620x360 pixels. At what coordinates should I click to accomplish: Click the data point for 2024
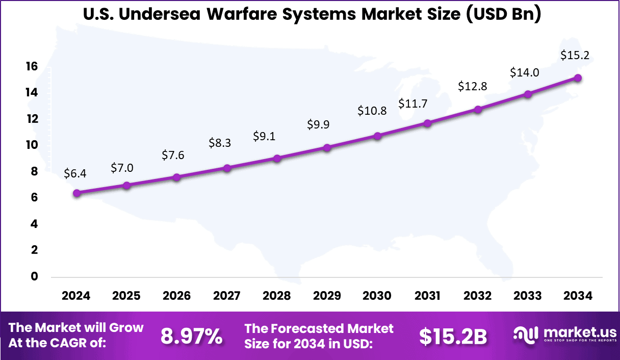pos(76,193)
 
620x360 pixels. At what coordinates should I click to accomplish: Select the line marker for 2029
pos(327,148)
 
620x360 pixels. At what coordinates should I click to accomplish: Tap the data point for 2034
pos(578,78)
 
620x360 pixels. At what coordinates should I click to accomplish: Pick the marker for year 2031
pos(427,123)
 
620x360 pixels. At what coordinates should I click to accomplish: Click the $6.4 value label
pos(75,173)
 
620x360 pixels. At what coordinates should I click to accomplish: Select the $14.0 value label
pos(525,72)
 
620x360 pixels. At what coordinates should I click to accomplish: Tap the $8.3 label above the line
pos(220,143)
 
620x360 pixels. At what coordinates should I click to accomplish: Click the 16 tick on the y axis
pos(32,66)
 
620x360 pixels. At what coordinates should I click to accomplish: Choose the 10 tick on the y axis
pos(32,145)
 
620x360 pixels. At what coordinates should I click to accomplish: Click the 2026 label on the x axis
pos(176,296)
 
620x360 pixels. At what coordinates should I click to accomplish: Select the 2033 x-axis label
pos(528,296)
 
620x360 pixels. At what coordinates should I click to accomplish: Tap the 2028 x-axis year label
pos(277,296)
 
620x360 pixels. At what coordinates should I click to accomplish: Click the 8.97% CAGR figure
pos(192,336)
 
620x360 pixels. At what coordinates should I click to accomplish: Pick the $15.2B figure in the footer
pos(453,336)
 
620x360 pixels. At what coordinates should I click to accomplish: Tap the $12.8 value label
pos(473,86)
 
